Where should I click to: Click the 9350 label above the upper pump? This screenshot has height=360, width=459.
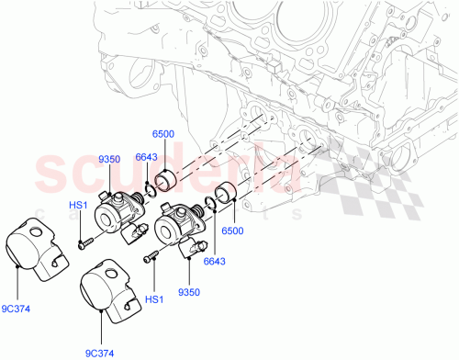109,160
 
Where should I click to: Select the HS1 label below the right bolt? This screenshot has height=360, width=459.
154,300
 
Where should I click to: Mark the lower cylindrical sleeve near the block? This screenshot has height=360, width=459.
227,197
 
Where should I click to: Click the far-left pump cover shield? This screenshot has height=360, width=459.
38,249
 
